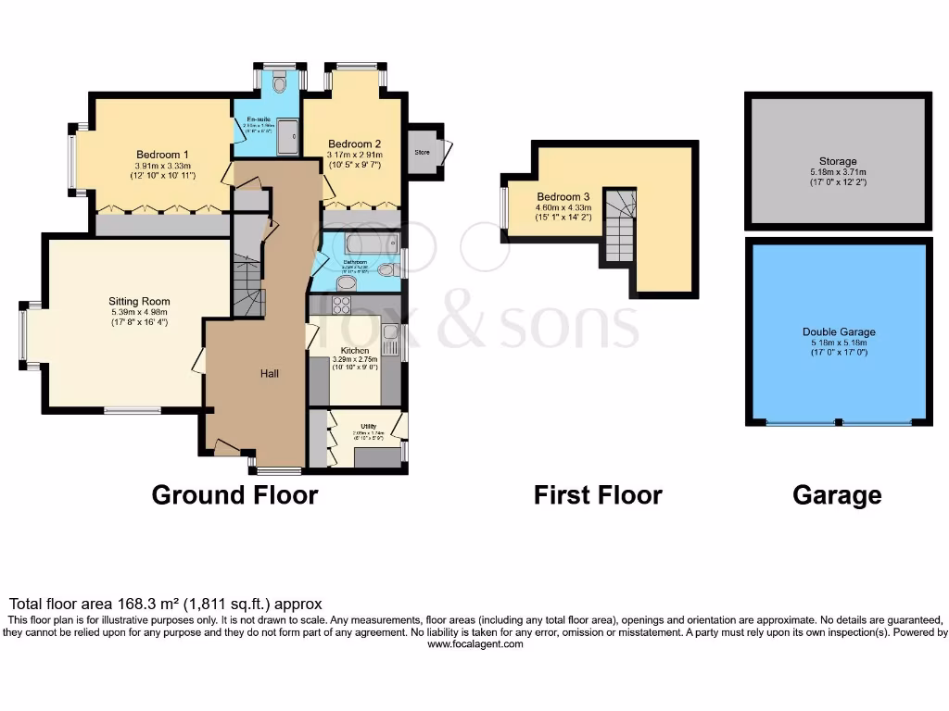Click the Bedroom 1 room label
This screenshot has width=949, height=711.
coord(162,155)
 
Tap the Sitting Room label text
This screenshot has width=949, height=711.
coord(139,301)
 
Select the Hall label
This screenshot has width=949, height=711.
coord(270,374)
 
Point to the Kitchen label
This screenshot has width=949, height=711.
coord(355,351)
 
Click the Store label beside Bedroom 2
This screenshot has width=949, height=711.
coord(422,151)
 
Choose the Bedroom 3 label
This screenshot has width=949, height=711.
coord(563,197)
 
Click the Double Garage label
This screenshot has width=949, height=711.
coord(838,331)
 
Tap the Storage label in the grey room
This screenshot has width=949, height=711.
coord(838,161)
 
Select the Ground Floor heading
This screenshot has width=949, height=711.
coord(234,495)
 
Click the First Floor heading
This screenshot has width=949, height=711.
coord(598,495)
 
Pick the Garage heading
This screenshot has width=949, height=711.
coord(837,495)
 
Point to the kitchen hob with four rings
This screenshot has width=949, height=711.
coord(342,305)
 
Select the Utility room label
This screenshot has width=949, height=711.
coord(368,426)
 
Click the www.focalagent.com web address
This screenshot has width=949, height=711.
coord(474,644)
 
